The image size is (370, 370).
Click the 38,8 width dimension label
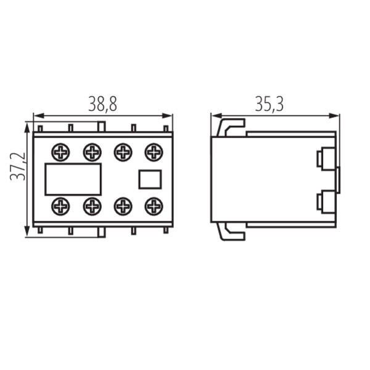click(x=102, y=104)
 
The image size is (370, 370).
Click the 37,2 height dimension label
click(x=18, y=166)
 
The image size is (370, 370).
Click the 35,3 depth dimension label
click(x=269, y=104)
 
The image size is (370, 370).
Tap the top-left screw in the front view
click(x=60, y=152)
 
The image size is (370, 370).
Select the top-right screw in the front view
click(x=154, y=152)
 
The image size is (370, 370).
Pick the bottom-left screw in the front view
click(x=60, y=207)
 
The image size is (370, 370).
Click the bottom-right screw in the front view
click(x=154, y=207)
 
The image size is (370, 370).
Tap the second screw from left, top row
click(x=92, y=152)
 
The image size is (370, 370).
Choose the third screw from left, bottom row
click(x=123, y=207)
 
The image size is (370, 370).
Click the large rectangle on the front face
click(x=73, y=179)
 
